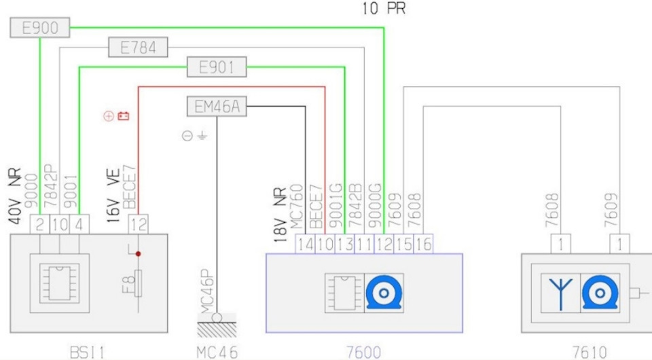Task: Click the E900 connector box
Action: (x=40, y=28)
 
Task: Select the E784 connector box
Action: (x=139, y=48)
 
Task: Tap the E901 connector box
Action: (x=217, y=67)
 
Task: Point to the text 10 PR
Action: (x=385, y=10)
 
